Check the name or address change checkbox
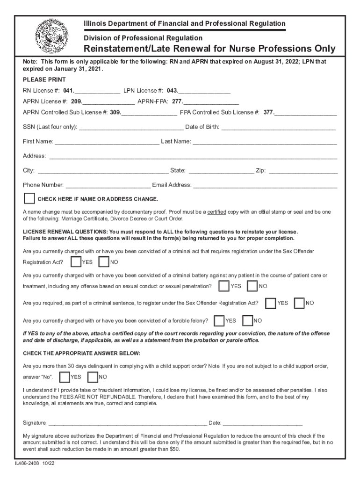click(29, 198)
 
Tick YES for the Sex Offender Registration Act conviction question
click(75, 262)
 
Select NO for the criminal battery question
click(252, 286)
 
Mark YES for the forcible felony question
click(219, 320)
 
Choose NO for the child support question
click(93, 377)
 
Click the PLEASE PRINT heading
click(44, 80)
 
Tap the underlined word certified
click(216, 211)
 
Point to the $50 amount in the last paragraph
click(173, 449)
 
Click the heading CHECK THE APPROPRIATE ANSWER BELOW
click(81, 353)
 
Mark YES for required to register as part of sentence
click(270, 303)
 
